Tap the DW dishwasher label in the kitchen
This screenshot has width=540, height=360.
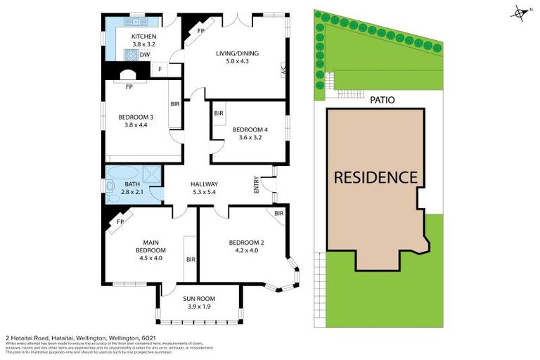[x=144, y=54]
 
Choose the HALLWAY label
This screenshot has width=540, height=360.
[x=205, y=184]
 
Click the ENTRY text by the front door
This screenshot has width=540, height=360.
[x=257, y=184]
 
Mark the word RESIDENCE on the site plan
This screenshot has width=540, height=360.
[x=375, y=177]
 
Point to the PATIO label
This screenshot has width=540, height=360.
[x=382, y=100]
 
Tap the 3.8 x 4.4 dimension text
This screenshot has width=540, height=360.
[x=136, y=125]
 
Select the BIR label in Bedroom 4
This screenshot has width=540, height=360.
[x=219, y=113]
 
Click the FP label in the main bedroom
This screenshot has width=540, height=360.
[x=120, y=221]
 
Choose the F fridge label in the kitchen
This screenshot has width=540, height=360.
[x=160, y=69]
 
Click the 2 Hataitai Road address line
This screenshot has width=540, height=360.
[x=77, y=338]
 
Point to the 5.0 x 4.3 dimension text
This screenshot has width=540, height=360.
[x=236, y=61]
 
